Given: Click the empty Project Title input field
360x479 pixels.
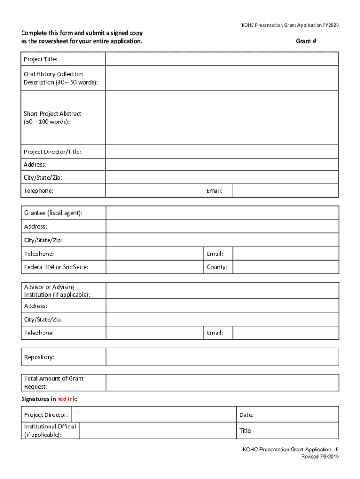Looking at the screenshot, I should click(222, 59).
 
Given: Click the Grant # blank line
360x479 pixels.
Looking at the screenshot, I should click(327, 42).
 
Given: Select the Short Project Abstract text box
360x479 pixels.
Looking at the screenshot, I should click(222, 117).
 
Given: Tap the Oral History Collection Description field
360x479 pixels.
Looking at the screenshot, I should click(222, 78).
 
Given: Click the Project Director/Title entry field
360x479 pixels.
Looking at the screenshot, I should click(222, 152).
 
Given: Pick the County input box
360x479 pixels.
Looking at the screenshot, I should click(286, 267).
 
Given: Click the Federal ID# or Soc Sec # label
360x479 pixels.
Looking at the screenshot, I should click(57, 267).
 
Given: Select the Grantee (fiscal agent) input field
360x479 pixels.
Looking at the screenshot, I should click(222, 213).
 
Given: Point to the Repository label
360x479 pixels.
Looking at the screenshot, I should click(39, 357).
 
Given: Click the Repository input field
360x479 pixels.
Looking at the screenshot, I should click(222, 357).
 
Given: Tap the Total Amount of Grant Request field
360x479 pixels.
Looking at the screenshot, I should click(222, 382).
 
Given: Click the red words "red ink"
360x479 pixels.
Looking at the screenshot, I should click(67, 399).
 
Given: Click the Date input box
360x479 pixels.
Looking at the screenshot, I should click(298, 414).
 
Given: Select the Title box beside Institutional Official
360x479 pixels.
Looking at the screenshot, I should click(298, 430).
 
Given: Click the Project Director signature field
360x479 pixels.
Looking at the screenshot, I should click(153, 414).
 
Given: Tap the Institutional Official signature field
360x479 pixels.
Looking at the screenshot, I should click(158, 430).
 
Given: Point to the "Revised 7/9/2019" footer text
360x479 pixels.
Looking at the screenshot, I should click(320, 457).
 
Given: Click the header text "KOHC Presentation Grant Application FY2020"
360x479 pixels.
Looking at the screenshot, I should click(290, 25).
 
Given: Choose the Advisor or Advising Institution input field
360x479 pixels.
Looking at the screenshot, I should click(222, 290).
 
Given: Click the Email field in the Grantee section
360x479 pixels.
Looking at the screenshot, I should click(286, 254).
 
